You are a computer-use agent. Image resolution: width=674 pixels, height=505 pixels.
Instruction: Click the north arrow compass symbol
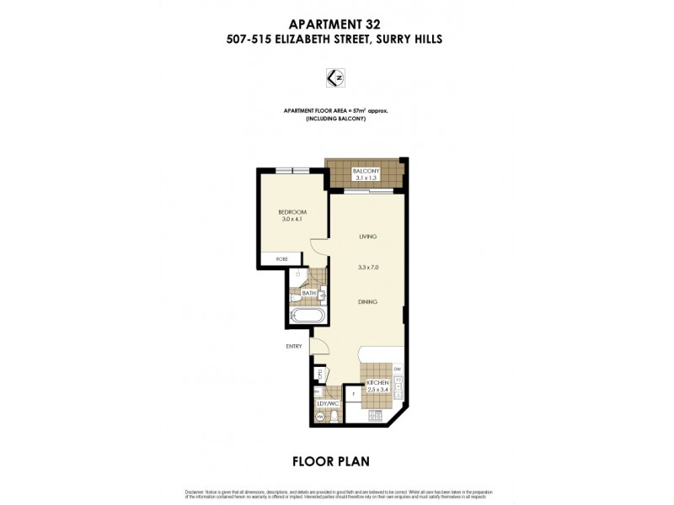337,77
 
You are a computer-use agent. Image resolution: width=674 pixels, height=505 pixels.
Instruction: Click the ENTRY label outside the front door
293,346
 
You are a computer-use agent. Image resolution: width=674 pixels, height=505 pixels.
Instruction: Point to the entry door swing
320,346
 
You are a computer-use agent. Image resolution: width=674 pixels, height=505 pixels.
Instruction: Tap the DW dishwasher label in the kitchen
398,369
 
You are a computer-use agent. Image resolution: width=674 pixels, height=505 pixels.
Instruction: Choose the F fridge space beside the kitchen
354,395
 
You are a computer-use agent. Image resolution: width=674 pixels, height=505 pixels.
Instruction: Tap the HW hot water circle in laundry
321,414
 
